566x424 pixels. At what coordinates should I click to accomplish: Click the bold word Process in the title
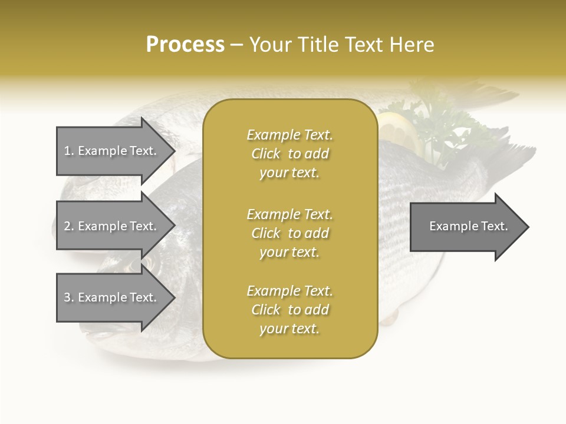coord(185,45)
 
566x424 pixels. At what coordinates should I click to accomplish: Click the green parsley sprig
coord(442,127)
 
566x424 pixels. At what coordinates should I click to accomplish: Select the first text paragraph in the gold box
coord(289,154)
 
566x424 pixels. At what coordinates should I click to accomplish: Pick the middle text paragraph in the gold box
coord(289,233)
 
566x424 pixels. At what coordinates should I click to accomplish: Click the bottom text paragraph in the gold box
coord(289,310)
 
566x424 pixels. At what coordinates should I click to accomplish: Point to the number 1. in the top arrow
coord(69,151)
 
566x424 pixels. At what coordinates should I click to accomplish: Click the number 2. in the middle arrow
coord(69,226)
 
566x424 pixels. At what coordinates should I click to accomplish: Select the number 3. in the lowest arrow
coord(69,297)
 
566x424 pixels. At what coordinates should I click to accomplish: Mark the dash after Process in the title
coord(237,45)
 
